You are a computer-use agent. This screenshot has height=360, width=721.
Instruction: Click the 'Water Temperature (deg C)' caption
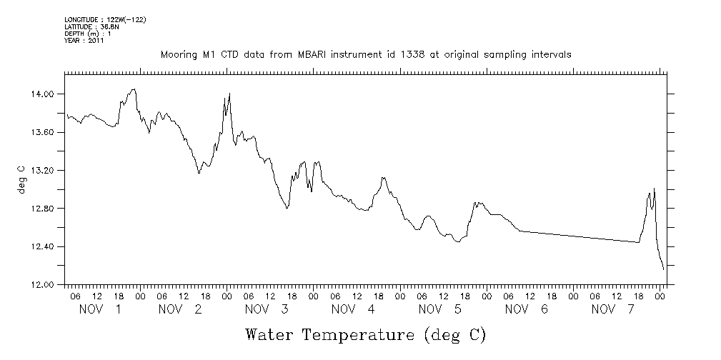click(x=366, y=334)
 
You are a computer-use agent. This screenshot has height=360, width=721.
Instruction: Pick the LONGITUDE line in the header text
click(x=105, y=19)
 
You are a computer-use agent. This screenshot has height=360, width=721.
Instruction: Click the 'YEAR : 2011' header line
click(x=84, y=41)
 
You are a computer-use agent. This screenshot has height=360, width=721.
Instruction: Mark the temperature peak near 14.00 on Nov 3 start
click(x=229, y=94)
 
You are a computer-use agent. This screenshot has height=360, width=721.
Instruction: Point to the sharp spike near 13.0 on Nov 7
click(x=654, y=189)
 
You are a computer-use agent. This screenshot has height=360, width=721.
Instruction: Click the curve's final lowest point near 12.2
click(x=664, y=269)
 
